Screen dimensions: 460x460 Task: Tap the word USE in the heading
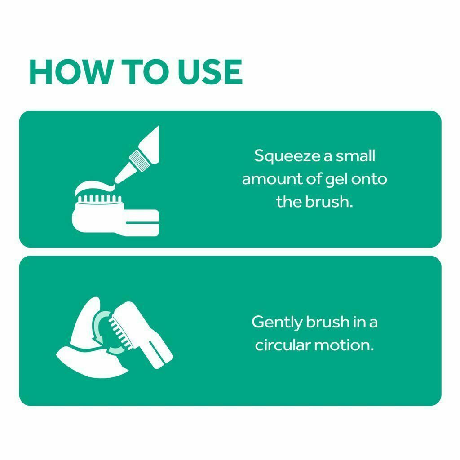tap(210, 72)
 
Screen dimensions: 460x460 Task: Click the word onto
tap(369, 179)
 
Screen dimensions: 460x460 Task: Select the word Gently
tap(277, 323)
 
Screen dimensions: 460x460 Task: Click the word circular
tap(283, 345)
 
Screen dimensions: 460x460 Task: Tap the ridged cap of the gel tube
tap(140, 160)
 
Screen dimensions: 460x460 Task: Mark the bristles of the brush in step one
tap(99, 199)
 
